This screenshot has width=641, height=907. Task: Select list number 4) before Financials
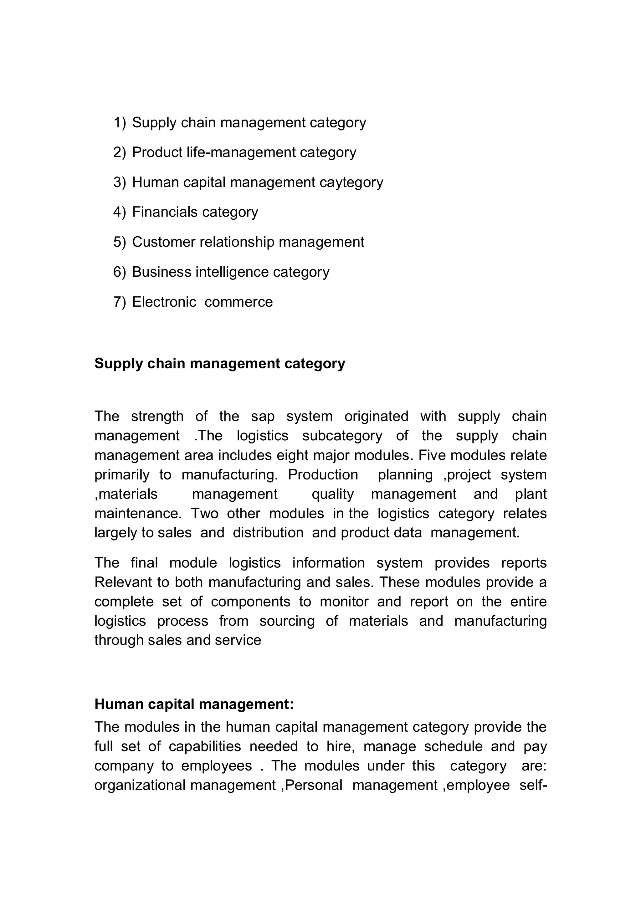coord(119,212)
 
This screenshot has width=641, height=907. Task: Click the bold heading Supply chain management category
coord(220,363)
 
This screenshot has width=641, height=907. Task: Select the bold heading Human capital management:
coord(194,704)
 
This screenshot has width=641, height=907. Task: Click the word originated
coord(376,416)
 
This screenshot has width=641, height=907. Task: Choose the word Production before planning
coord(323,475)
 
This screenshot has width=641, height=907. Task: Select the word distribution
coord(268,533)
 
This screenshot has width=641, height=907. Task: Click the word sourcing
coord(287,621)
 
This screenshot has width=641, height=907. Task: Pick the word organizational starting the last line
coord(140,785)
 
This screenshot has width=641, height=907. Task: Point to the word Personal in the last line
coord(314,785)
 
